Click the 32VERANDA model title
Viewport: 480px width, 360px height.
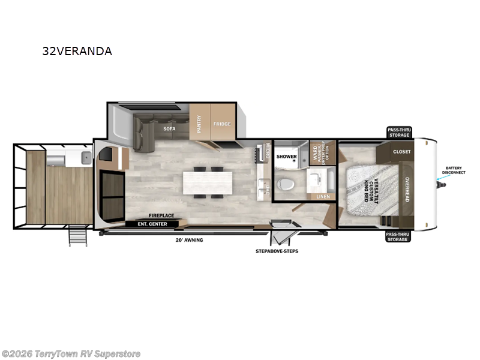click(x=77, y=51)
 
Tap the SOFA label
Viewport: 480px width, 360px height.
click(x=169, y=128)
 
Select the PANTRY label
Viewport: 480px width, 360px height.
click(x=199, y=124)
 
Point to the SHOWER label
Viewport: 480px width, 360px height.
click(x=286, y=157)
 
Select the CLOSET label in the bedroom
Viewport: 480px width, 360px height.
click(x=401, y=152)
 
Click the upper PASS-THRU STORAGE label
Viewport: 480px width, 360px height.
click(x=398, y=132)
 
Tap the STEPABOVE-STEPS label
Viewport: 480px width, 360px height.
click(x=277, y=251)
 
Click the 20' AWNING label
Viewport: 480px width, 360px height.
click(x=190, y=240)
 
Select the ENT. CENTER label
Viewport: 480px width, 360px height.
click(x=152, y=224)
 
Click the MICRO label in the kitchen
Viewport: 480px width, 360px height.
click(x=269, y=151)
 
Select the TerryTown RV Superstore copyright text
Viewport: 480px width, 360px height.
click(x=71, y=353)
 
